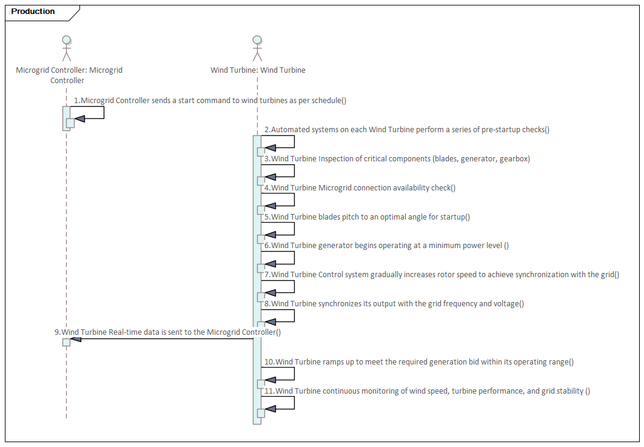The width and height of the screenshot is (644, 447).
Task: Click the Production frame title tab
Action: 33,12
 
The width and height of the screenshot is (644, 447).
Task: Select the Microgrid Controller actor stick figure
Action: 66,49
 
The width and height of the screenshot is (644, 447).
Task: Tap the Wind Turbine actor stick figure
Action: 258,49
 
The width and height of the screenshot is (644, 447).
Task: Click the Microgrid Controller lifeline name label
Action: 69,75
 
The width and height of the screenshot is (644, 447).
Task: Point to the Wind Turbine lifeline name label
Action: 258,70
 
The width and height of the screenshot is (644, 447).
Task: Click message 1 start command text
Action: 210,101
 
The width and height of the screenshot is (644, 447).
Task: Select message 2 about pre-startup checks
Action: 406,130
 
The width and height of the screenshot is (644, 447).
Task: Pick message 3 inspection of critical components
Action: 397,159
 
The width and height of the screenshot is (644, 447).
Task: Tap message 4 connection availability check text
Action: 360,188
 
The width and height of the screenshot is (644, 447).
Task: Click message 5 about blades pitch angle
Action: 367,217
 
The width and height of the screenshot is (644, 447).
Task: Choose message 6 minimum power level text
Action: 386,246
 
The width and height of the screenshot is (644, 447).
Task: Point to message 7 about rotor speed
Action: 441,275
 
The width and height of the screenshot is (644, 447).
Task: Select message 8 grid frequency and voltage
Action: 394,304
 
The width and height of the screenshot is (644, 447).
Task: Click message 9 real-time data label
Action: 167,332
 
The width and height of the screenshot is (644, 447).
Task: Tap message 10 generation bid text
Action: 418,362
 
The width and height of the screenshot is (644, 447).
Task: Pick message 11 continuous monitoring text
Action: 427,391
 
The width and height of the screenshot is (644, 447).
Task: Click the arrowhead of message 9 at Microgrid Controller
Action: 76,339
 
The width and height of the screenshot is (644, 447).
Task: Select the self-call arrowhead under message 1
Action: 79,118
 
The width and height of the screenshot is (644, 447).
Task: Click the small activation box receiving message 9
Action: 66,342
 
